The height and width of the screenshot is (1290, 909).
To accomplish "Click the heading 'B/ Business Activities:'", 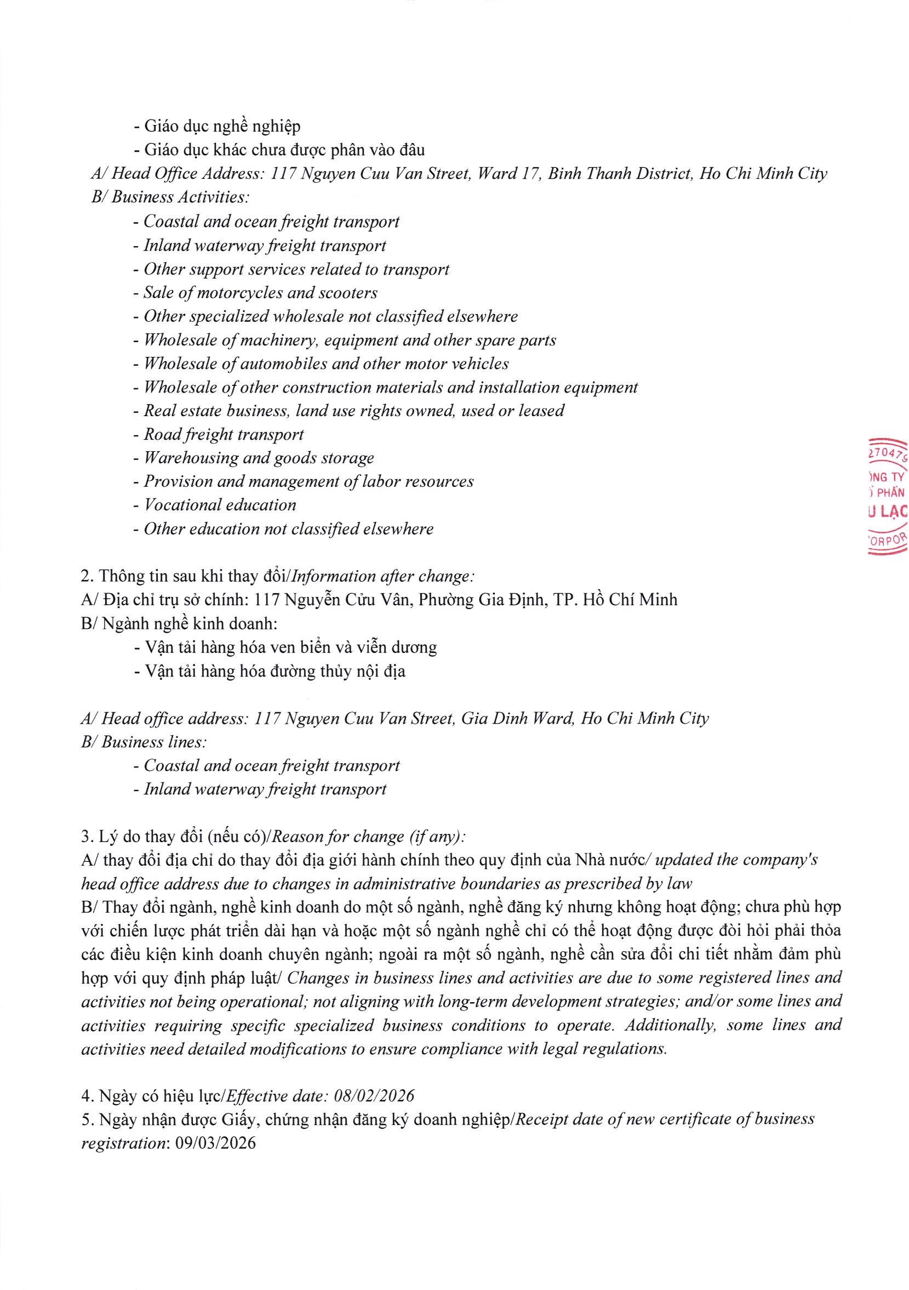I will tap(170, 197).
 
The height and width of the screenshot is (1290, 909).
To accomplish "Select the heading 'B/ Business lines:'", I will tap(144, 742).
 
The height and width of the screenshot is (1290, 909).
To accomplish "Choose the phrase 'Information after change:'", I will tap(384, 576).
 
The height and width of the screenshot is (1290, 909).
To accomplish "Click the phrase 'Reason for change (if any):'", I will tap(368, 837).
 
